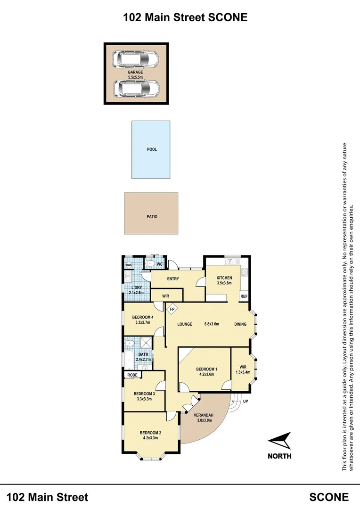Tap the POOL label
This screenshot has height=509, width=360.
coord(152,149)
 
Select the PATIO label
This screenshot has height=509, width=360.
coord(152,217)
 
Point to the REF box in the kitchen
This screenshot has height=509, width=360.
coord(244,296)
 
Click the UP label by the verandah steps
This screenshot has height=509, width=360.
coord(245,401)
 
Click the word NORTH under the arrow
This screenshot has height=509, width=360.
coord(279,456)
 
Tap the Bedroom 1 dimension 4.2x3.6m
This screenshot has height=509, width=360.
coord(205,375)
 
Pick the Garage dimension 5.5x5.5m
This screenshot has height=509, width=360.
coord(135,77)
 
